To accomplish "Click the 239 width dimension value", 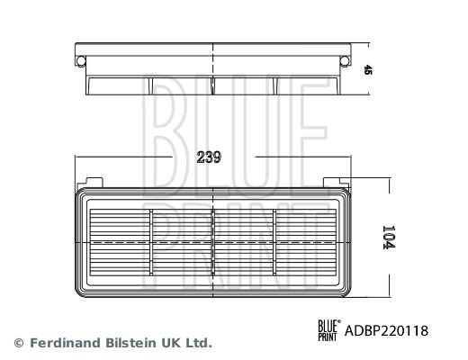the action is click(x=209, y=157).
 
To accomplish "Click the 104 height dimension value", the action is click(x=389, y=237).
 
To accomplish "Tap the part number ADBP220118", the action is click(x=386, y=331).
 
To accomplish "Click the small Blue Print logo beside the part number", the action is click(x=329, y=330).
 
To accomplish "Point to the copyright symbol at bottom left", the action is click(x=19, y=343).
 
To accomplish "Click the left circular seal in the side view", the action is click(x=81, y=61).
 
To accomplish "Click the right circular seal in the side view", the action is click(x=345, y=61).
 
